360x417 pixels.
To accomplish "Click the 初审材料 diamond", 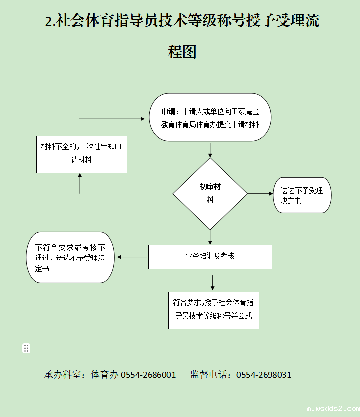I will [210, 194].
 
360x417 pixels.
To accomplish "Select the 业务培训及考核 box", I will [210, 256].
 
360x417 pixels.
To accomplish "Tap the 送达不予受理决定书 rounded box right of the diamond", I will [302, 195].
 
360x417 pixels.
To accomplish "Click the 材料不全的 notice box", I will [82, 154].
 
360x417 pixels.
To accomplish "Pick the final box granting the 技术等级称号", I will [213, 310].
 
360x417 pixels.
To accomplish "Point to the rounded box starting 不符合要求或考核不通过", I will [70, 257].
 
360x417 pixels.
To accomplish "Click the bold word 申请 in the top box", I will [168, 111].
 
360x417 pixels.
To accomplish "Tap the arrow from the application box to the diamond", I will [210, 150].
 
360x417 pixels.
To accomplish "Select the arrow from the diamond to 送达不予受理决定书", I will [260, 194].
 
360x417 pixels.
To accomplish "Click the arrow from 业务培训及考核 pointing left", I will [132, 257].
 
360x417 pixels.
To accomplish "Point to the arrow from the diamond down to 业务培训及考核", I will [210, 236].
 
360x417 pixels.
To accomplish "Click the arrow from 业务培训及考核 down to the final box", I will [213, 282].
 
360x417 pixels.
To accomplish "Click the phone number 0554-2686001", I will [148, 375].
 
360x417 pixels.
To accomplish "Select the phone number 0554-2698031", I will [264, 375].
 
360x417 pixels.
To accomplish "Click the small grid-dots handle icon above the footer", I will [26, 348].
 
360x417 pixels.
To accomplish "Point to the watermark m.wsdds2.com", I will [332, 409].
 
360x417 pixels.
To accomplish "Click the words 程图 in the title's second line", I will [182, 51].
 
